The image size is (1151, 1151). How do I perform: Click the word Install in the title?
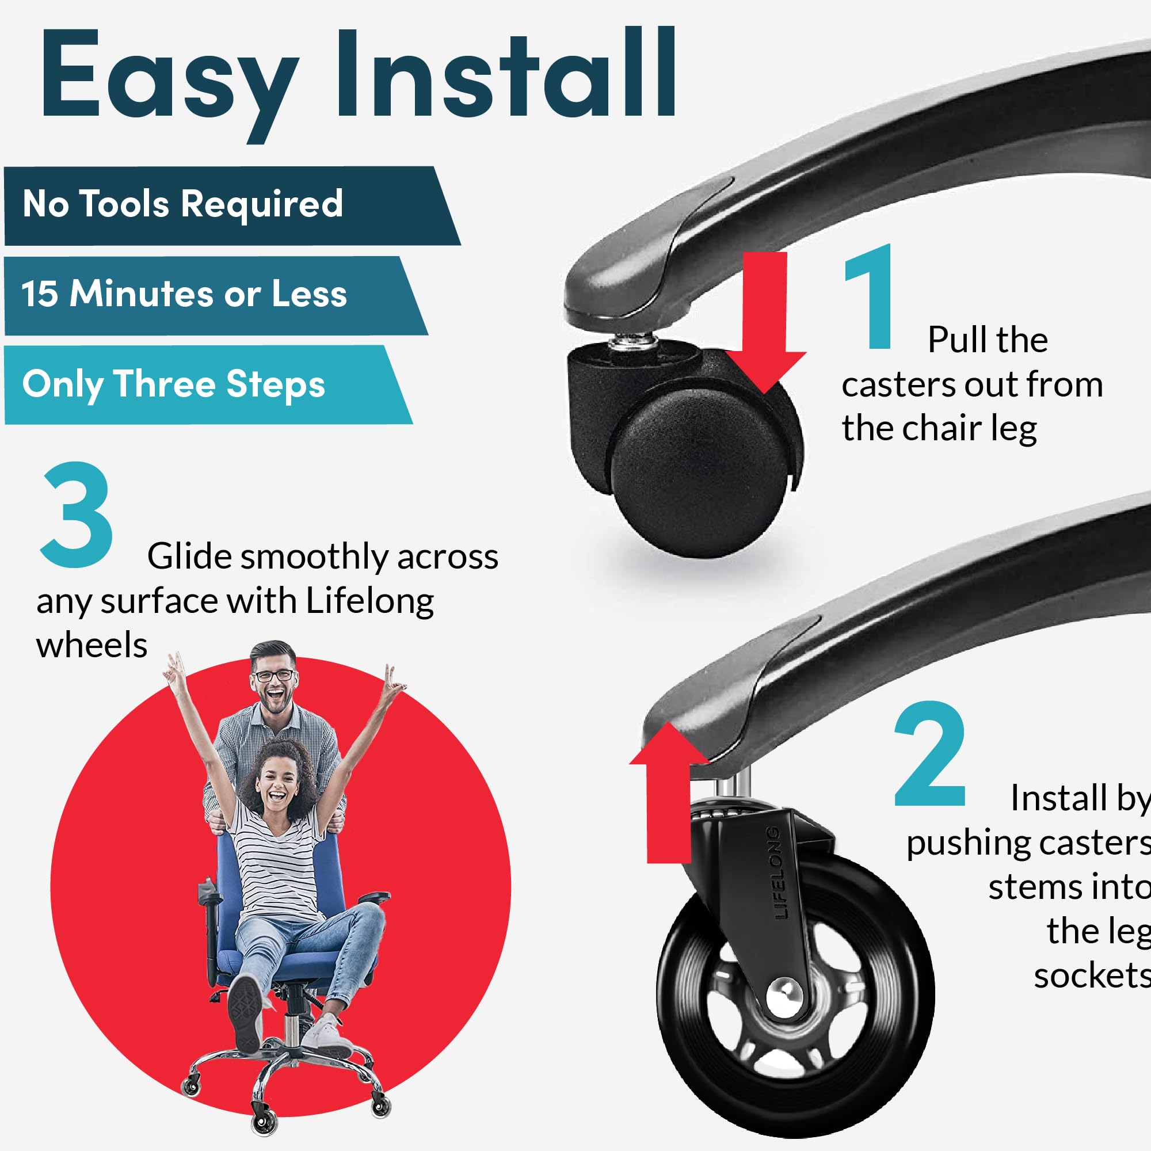click(x=506, y=71)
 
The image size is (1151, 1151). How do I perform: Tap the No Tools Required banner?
click(x=233, y=205)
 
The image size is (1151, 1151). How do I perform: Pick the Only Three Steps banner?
click(x=208, y=385)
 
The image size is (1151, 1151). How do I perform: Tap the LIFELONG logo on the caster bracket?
click(x=776, y=872)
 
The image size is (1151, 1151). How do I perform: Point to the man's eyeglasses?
click(x=275, y=676)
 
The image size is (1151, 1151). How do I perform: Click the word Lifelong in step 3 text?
click(x=369, y=602)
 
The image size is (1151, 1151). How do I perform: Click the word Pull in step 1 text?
click(x=959, y=340)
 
